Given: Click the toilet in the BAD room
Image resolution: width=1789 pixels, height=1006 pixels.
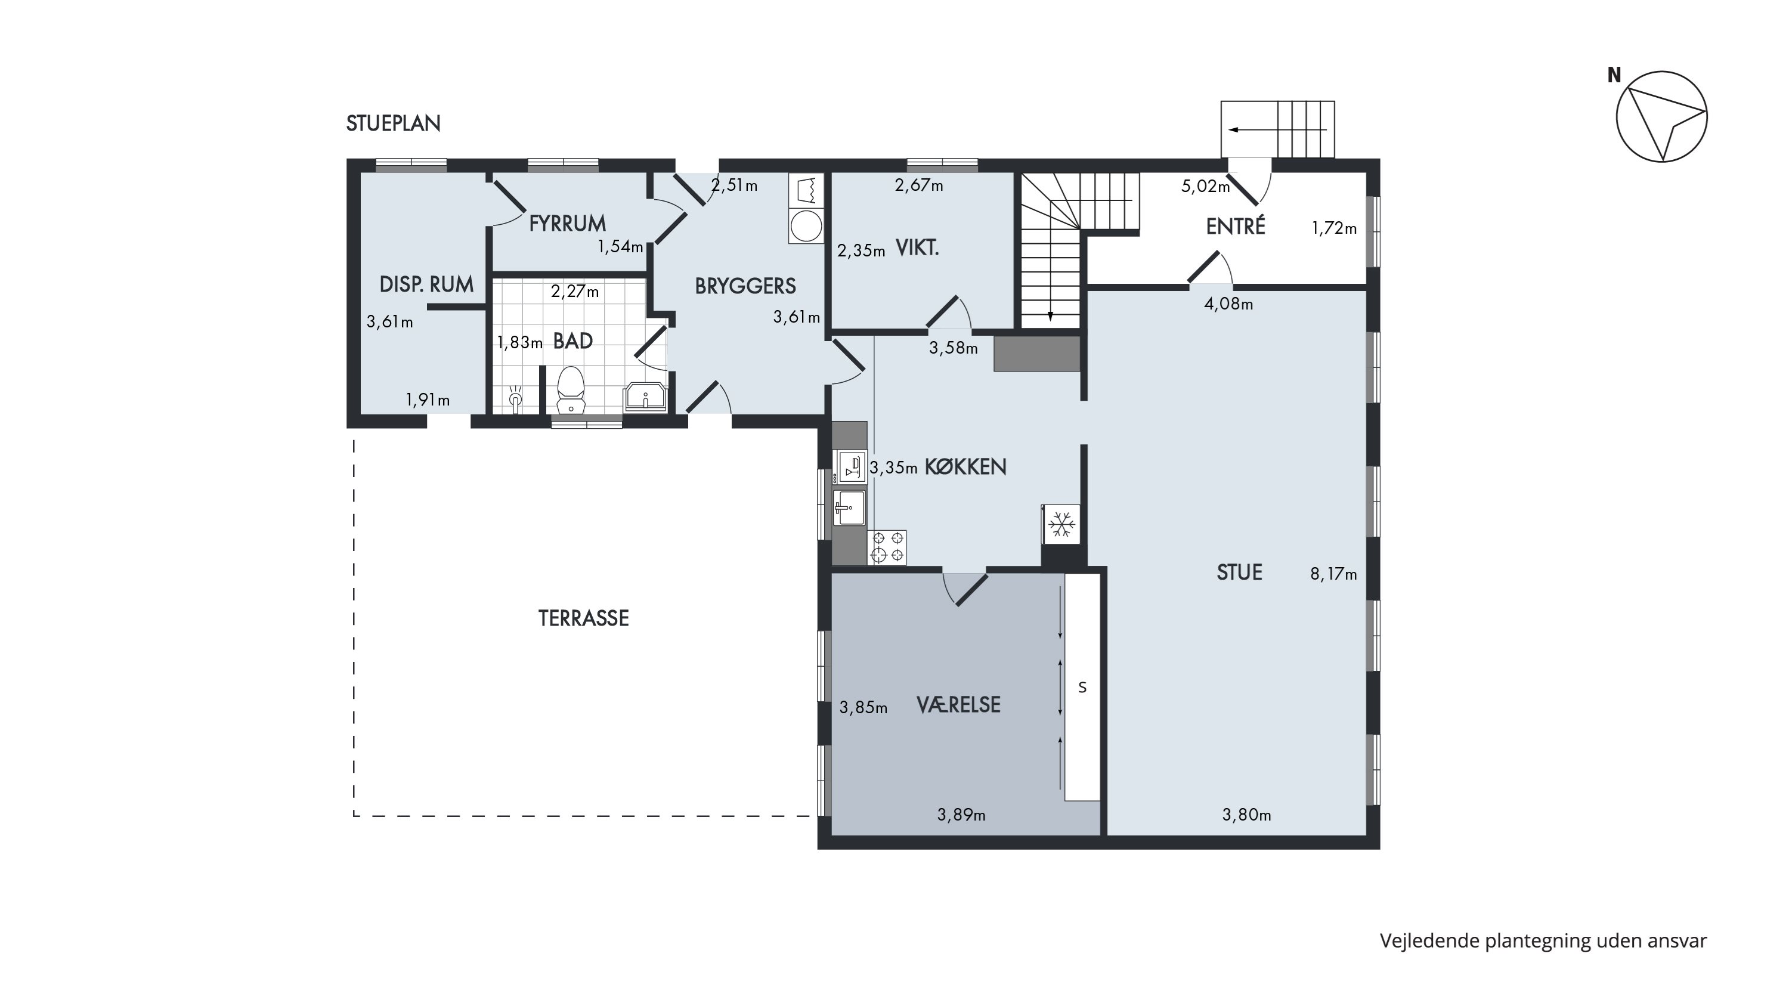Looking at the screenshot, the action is [571, 391].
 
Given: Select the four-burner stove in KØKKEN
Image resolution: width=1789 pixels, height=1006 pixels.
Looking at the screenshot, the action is [887, 547].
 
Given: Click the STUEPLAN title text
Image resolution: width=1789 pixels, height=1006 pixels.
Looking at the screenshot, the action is [393, 123].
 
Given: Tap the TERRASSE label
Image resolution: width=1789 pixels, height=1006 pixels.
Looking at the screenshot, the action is [583, 618].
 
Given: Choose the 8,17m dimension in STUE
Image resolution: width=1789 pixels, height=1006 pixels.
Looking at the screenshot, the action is [1333, 574].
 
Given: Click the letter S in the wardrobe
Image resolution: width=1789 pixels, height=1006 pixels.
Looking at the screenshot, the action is [1082, 688].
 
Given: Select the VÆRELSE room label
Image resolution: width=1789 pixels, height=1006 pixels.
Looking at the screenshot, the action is [958, 705].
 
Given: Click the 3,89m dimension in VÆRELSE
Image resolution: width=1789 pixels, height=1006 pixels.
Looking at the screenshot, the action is [961, 815].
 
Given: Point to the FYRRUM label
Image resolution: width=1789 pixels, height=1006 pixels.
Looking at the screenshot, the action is [567, 223].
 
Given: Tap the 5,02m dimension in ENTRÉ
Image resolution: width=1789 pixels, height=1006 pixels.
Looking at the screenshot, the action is [1206, 186].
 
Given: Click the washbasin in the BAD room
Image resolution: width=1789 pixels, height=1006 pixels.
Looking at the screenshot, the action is [646, 397].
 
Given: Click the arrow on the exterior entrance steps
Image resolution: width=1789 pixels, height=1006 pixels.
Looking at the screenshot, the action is [1277, 130].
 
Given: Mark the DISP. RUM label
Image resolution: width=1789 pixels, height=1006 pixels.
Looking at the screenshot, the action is [426, 284].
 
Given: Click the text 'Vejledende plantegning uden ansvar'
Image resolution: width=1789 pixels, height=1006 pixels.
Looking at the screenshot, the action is [1543, 941].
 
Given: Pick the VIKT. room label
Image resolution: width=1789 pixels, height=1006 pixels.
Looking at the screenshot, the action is [917, 248].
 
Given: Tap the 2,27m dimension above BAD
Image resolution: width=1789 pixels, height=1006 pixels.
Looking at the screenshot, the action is [574, 292].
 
